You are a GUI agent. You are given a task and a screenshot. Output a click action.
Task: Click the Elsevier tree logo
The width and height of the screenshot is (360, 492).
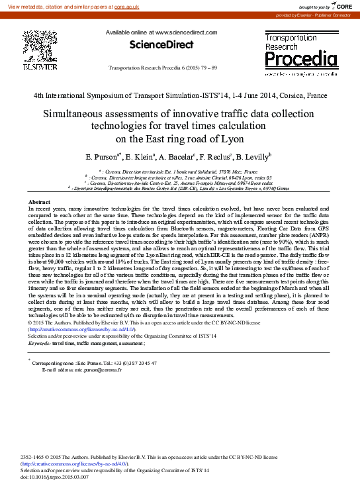(x=40, y=46)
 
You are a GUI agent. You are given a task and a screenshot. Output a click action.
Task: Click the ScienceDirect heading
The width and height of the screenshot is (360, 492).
(x=163, y=44)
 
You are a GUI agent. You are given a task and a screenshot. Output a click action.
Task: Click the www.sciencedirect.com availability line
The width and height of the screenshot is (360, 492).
(x=161, y=33)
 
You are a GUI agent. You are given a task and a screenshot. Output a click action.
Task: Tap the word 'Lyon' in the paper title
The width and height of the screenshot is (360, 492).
(x=232, y=139)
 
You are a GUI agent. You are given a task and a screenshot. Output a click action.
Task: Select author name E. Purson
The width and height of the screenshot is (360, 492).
(x=102, y=158)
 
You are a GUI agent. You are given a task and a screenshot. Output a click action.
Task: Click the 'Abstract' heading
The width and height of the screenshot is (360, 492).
(x=40, y=201)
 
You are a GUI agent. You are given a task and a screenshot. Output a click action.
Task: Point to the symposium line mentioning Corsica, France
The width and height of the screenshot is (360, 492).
(x=180, y=95)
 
